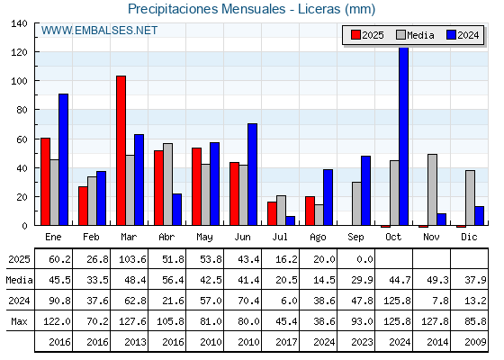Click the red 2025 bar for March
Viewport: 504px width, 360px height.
[121, 150]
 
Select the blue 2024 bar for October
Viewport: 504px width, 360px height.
[403, 136]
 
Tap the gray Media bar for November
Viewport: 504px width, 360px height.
[432, 190]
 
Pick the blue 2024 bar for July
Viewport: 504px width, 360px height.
[290, 220]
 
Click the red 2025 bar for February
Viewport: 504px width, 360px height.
[83, 206]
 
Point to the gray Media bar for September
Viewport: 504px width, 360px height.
[356, 203]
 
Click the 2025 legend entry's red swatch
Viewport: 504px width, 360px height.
[355, 35]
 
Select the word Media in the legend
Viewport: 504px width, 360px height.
[420, 35]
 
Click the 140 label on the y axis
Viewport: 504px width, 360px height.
[19, 23]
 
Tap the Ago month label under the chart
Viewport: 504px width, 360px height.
[318, 238]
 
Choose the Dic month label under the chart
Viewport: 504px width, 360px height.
[469, 237]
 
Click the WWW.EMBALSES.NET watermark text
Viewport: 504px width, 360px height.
[99, 31]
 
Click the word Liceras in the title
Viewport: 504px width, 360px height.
[319, 9]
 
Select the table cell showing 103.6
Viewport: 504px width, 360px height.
[132, 259]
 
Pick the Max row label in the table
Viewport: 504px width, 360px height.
[19, 321]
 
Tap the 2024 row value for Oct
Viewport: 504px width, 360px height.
[397, 301]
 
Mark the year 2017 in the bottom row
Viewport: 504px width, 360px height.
[286, 342]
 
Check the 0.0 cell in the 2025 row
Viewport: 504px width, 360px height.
[364, 259]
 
